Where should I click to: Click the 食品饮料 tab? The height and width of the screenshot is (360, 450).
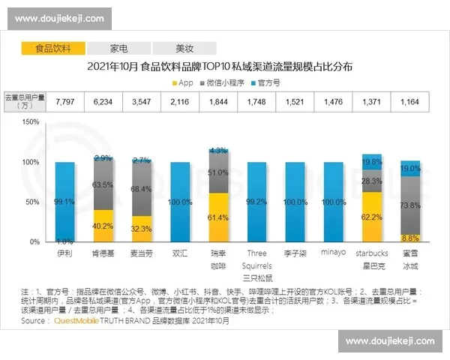(53, 48)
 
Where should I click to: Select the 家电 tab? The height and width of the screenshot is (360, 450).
(118, 48)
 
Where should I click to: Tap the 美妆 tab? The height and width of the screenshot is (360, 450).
(184, 48)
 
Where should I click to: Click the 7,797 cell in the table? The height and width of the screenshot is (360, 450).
(64, 101)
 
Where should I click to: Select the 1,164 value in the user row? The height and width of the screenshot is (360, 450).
(409, 101)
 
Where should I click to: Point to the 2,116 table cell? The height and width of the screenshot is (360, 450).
(180, 101)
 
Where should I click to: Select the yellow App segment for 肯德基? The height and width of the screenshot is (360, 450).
(103, 226)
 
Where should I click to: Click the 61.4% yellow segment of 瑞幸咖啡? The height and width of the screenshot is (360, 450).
(217, 217)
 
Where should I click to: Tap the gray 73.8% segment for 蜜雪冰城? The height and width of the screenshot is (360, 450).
(409, 205)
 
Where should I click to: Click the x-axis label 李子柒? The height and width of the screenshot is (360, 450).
(295, 253)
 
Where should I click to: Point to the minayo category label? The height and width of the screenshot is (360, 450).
(333, 253)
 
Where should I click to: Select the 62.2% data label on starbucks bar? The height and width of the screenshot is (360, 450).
(371, 217)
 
